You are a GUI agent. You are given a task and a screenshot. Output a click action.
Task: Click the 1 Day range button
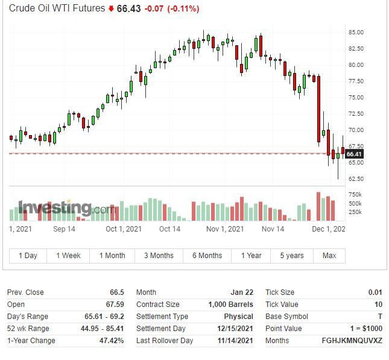[28, 256]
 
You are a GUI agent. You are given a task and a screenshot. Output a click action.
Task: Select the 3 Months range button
[159, 256]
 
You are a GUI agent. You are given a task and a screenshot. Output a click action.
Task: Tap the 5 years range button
[292, 256]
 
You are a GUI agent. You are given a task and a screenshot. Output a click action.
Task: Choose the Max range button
[329, 256]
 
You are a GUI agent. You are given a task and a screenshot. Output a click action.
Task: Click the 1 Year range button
[251, 256]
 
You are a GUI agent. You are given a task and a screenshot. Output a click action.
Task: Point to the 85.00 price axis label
[355, 33]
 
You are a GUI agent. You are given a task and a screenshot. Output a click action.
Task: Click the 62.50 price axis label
[355, 179]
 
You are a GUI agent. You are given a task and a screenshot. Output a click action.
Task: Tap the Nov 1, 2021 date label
[225, 229]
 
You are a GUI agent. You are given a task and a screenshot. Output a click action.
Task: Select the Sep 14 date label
[64, 229]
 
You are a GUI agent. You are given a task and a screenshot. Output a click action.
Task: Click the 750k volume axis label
[355, 195]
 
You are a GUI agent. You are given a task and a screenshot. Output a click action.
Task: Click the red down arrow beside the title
[111, 9]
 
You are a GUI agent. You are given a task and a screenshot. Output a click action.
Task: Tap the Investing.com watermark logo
[64, 209]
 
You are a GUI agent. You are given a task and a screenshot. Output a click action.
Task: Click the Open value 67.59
[115, 305]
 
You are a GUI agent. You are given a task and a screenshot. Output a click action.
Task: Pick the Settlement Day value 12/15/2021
[234, 329]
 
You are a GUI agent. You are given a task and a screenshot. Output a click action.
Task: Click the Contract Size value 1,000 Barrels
[230, 305]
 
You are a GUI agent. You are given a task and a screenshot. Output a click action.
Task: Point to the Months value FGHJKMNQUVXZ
[352, 341]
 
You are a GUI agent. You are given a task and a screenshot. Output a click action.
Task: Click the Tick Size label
[280, 292]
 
